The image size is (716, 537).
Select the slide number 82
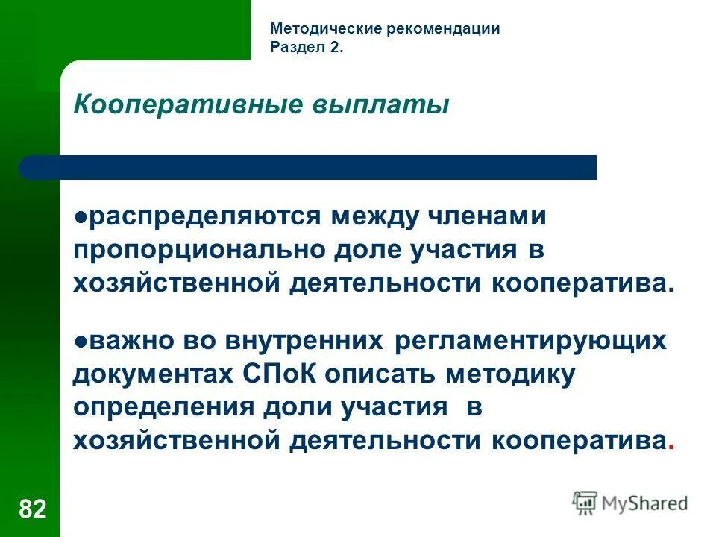[32, 509]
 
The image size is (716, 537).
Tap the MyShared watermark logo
[630, 503]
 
